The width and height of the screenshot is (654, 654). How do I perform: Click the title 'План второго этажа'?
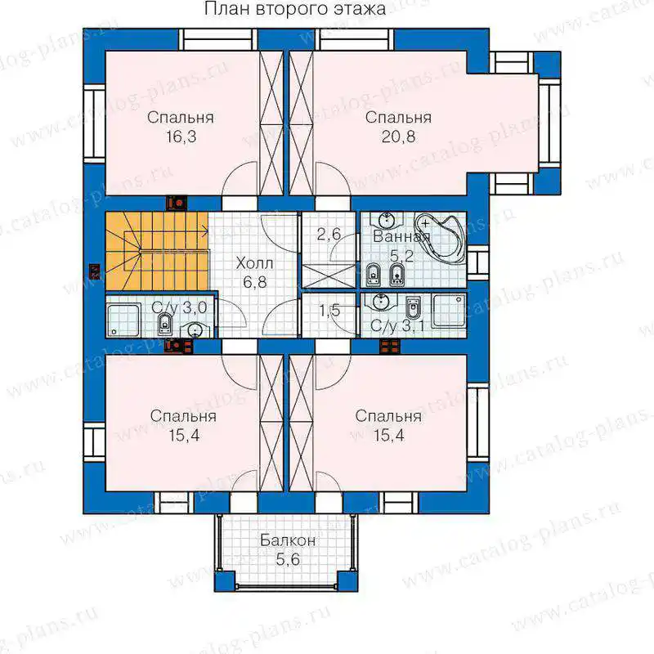(295, 9)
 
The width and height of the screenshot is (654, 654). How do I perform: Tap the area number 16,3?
(181, 137)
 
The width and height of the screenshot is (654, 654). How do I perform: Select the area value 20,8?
(398, 137)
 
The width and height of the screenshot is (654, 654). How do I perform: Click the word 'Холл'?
(254, 263)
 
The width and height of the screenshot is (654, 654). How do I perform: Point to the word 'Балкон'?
(288, 540)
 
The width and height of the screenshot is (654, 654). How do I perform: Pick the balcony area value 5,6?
(288, 559)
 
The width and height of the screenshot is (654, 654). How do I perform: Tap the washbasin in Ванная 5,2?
(387, 221)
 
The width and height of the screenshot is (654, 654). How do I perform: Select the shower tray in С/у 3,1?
(449, 311)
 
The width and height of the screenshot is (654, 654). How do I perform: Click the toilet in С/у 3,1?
(413, 308)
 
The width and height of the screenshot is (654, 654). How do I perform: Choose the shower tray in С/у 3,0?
(123, 320)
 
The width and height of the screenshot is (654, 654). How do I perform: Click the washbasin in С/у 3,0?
(194, 329)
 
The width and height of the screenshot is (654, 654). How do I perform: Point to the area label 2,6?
(329, 235)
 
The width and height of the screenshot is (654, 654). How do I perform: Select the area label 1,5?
(329, 311)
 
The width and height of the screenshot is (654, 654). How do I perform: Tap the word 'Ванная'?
(401, 237)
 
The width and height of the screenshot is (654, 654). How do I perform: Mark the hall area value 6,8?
(255, 282)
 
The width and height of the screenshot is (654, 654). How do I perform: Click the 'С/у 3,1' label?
(397, 326)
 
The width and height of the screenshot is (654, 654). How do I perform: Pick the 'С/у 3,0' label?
(179, 308)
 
